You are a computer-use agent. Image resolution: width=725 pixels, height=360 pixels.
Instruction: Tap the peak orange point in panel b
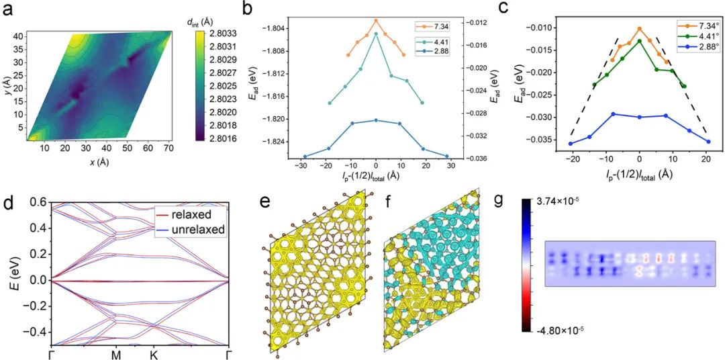point(376,20)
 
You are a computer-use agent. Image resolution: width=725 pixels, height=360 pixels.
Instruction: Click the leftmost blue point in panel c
point(571,144)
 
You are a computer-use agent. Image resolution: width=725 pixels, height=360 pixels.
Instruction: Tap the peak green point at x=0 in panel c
point(639,41)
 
